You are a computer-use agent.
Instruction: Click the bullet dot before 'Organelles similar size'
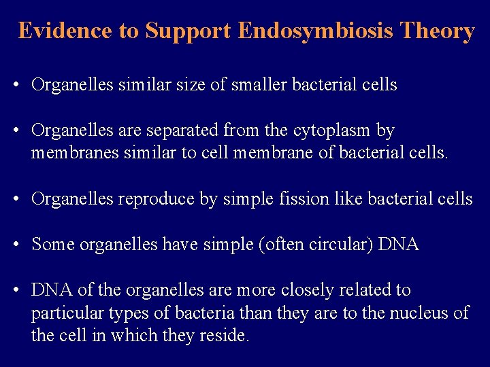14,86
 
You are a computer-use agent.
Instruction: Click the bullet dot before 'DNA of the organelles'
14,290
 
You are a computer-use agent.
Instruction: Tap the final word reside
226,336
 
